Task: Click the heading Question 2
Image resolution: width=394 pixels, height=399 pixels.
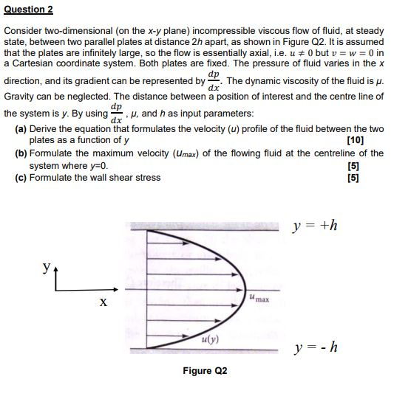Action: [29, 10]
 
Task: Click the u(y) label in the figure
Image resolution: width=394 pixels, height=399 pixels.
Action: [208, 339]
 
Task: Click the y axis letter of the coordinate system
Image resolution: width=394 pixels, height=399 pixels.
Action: [48, 267]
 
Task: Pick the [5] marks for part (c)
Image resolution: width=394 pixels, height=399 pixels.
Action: [377, 178]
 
